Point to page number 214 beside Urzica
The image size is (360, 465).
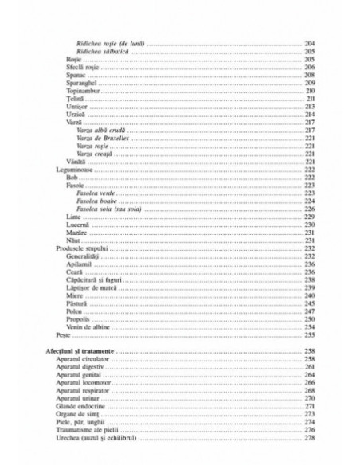point(309,113)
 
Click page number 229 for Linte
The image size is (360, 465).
point(309,216)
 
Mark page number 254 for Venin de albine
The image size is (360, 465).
point(309,326)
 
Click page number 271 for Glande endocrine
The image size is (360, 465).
point(309,404)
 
